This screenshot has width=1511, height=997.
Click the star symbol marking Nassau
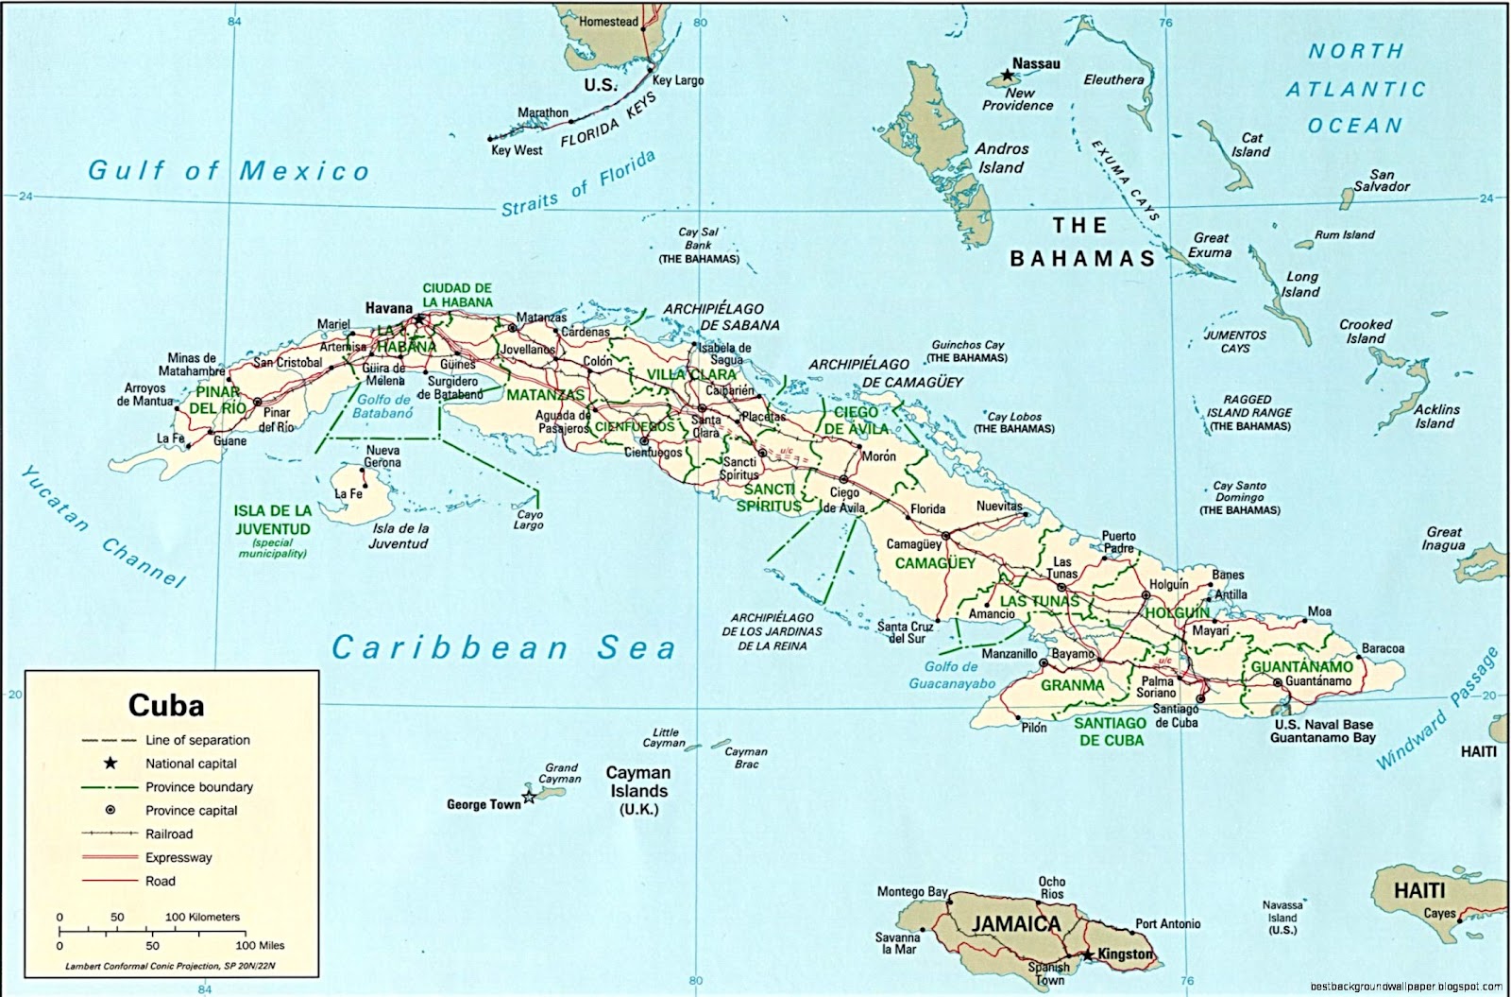[1008, 74]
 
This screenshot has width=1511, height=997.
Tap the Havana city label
[388, 308]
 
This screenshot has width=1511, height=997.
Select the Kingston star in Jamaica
[1088, 955]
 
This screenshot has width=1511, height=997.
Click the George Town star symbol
[529, 798]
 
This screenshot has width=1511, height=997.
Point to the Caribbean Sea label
[503, 648]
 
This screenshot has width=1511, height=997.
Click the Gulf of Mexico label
[229, 171]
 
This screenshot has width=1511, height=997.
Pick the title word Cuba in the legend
[165, 706]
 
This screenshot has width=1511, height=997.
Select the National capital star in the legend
[110, 763]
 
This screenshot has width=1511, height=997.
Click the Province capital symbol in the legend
[110, 810]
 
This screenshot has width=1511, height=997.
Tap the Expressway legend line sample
[110, 857]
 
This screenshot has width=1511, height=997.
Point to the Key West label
[516, 150]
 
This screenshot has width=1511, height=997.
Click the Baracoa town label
[1383, 649]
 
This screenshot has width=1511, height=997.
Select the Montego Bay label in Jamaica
[911, 892]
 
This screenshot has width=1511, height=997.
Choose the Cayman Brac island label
[745, 758]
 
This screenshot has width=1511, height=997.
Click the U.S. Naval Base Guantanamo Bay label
[1322, 731]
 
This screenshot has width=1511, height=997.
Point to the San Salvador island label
[1382, 180]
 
